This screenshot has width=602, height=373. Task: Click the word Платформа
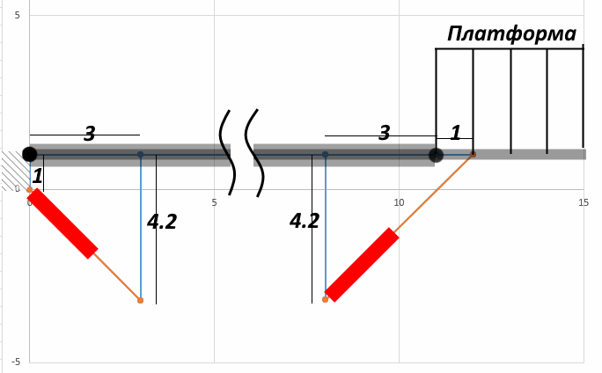tap(511, 34)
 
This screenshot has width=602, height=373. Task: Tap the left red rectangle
tap(62, 223)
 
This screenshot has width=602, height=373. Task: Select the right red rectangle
tap(362, 265)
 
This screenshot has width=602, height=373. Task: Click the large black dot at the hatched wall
tap(30, 154)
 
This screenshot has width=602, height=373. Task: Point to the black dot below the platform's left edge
tap(436, 155)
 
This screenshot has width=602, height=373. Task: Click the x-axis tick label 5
tap(214, 202)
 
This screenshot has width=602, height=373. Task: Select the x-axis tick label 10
tap(399, 202)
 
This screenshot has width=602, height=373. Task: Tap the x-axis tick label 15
tap(584, 202)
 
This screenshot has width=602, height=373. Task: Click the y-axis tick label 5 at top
tap(17, 15)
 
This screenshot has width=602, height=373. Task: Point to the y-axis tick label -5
tap(16, 362)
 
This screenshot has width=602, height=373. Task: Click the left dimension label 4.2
tap(162, 222)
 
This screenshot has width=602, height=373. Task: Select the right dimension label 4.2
tap(305, 222)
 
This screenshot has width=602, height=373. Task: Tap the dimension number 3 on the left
tap(90, 134)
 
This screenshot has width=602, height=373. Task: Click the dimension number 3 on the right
tap(385, 133)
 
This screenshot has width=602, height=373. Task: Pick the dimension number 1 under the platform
tap(455, 133)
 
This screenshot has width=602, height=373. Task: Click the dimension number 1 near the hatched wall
tap(38, 177)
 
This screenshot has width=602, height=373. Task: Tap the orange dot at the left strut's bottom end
tap(140, 300)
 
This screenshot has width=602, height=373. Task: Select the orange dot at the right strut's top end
tap(473, 154)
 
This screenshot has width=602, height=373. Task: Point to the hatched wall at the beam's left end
tap(15, 171)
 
